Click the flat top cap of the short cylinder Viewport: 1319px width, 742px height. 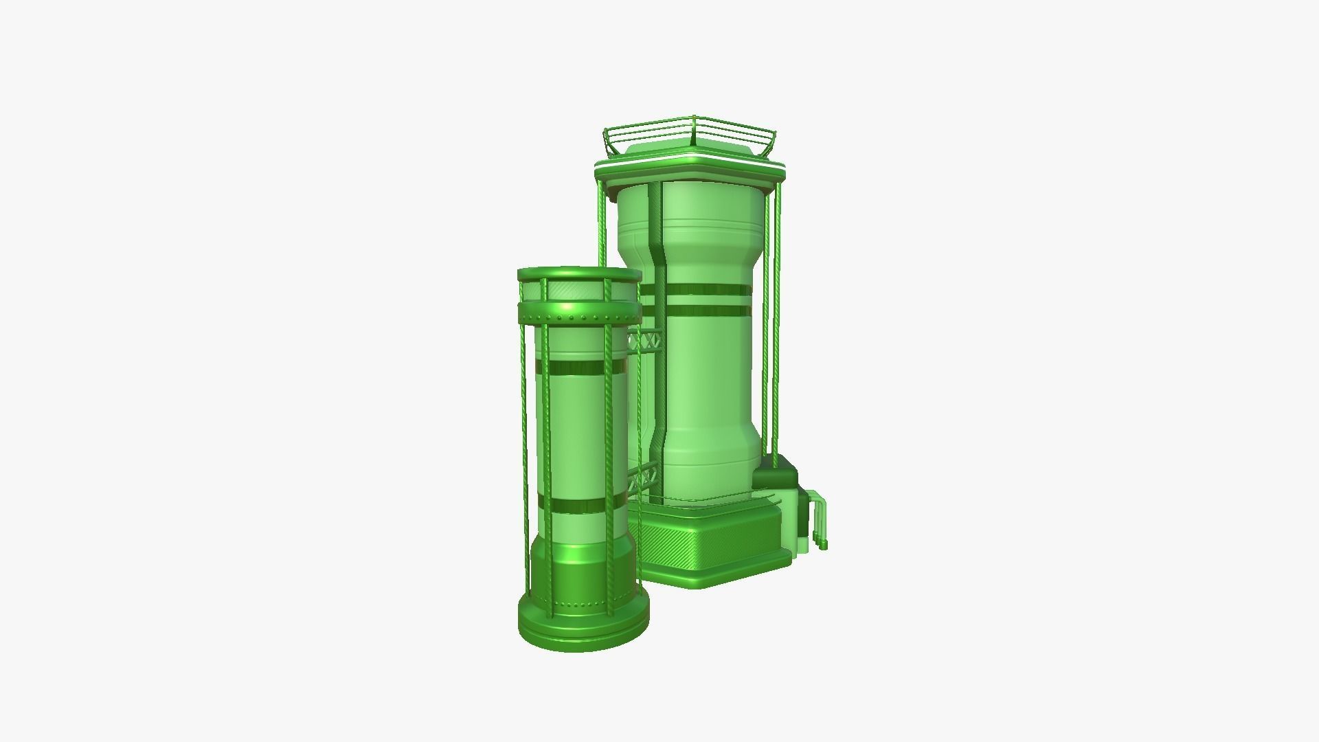[x=578, y=274]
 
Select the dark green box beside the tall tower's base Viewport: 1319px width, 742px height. [x=776, y=477]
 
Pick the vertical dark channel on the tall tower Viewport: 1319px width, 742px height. [x=660, y=344]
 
